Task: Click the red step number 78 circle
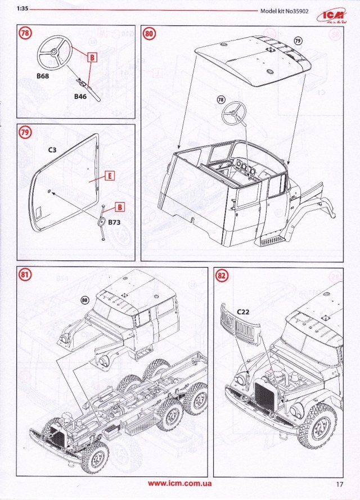coord(24,33)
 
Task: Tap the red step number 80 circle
coord(149,33)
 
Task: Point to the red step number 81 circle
coord(24,275)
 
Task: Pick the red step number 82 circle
coord(222,275)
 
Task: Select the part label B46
coord(82,97)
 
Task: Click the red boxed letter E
coord(110,175)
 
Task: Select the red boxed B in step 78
coord(93,56)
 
